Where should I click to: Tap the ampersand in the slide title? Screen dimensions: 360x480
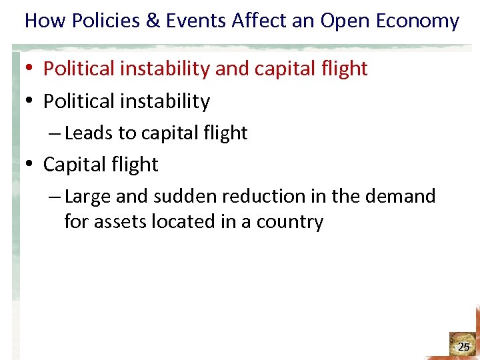pyautogui.click(x=153, y=21)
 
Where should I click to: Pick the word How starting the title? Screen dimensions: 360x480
pyautogui.click(x=43, y=21)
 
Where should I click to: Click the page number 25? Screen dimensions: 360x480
pyautogui.click(x=463, y=347)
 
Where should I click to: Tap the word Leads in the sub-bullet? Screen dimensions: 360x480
pyautogui.click(x=89, y=133)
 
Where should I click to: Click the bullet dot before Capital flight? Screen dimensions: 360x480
pyautogui.click(x=31, y=165)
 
